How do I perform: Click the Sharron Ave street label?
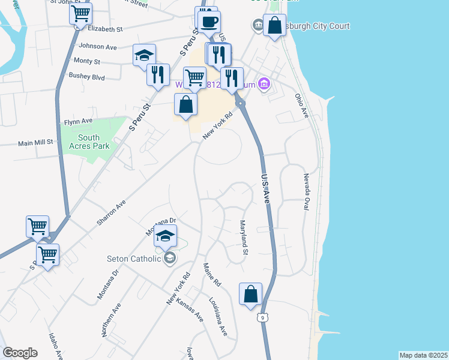[x=111, y=212]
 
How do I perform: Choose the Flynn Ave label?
[x=79, y=121]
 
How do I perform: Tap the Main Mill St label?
[x=35, y=143]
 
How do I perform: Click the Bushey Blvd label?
[x=87, y=77]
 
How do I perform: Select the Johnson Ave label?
[x=97, y=46]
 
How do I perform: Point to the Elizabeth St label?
[x=105, y=28]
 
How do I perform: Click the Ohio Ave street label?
[x=301, y=105]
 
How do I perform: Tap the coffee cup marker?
[x=209, y=22]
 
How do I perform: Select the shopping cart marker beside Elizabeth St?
[x=81, y=13]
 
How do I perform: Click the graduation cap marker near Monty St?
[x=144, y=55]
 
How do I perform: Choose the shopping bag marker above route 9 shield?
[x=250, y=295]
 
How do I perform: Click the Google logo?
[x=20, y=353]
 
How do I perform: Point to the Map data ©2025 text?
[x=423, y=355]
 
